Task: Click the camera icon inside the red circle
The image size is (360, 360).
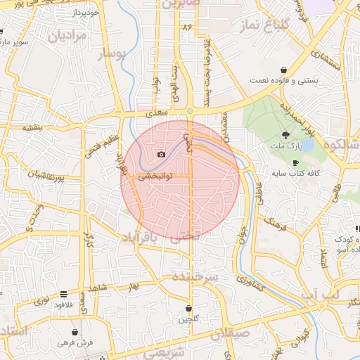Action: (161, 154)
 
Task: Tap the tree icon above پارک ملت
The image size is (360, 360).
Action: (285, 135)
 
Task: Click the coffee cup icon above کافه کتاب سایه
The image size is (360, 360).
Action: (295, 162)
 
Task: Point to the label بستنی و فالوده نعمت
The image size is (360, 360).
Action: (284, 81)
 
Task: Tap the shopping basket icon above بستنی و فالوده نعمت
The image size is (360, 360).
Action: (283, 70)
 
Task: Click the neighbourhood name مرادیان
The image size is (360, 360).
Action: (69, 34)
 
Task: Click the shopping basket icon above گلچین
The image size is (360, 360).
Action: (188, 309)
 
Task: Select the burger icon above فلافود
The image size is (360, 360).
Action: (64, 294)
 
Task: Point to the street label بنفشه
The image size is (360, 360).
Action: (32, 129)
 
